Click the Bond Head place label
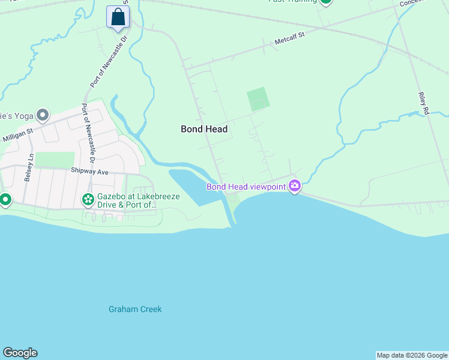click(204, 129)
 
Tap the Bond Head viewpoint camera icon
click(294, 186)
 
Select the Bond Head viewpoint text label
click(246, 187)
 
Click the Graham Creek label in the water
click(135, 310)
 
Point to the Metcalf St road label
click(290, 38)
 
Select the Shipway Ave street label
click(90, 172)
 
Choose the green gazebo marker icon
click(88, 199)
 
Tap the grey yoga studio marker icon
click(43, 114)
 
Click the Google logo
click(20, 353)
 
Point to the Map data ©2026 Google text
click(412, 355)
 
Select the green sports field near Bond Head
click(258, 99)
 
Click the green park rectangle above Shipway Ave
click(55, 160)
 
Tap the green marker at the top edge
click(325, 2)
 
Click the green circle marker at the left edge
click(5, 200)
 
